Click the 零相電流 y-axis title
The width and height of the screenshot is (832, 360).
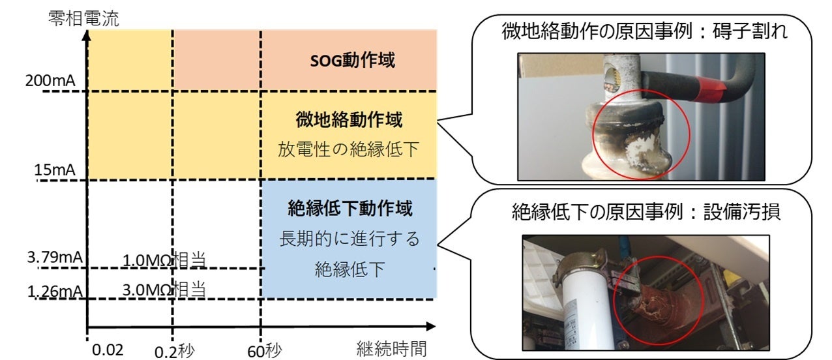click(84, 18)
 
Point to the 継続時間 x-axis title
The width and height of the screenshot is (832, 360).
click(391, 349)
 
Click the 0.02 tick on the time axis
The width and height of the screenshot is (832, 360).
click(108, 350)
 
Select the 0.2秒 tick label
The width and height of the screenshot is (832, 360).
click(175, 351)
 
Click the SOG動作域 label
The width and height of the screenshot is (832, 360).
click(353, 61)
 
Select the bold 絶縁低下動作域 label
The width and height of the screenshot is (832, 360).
click(350, 209)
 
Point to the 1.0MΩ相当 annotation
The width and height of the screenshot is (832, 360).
click(164, 259)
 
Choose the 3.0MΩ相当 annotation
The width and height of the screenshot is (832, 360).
click(164, 289)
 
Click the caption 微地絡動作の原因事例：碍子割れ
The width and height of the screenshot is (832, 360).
click(645, 31)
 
